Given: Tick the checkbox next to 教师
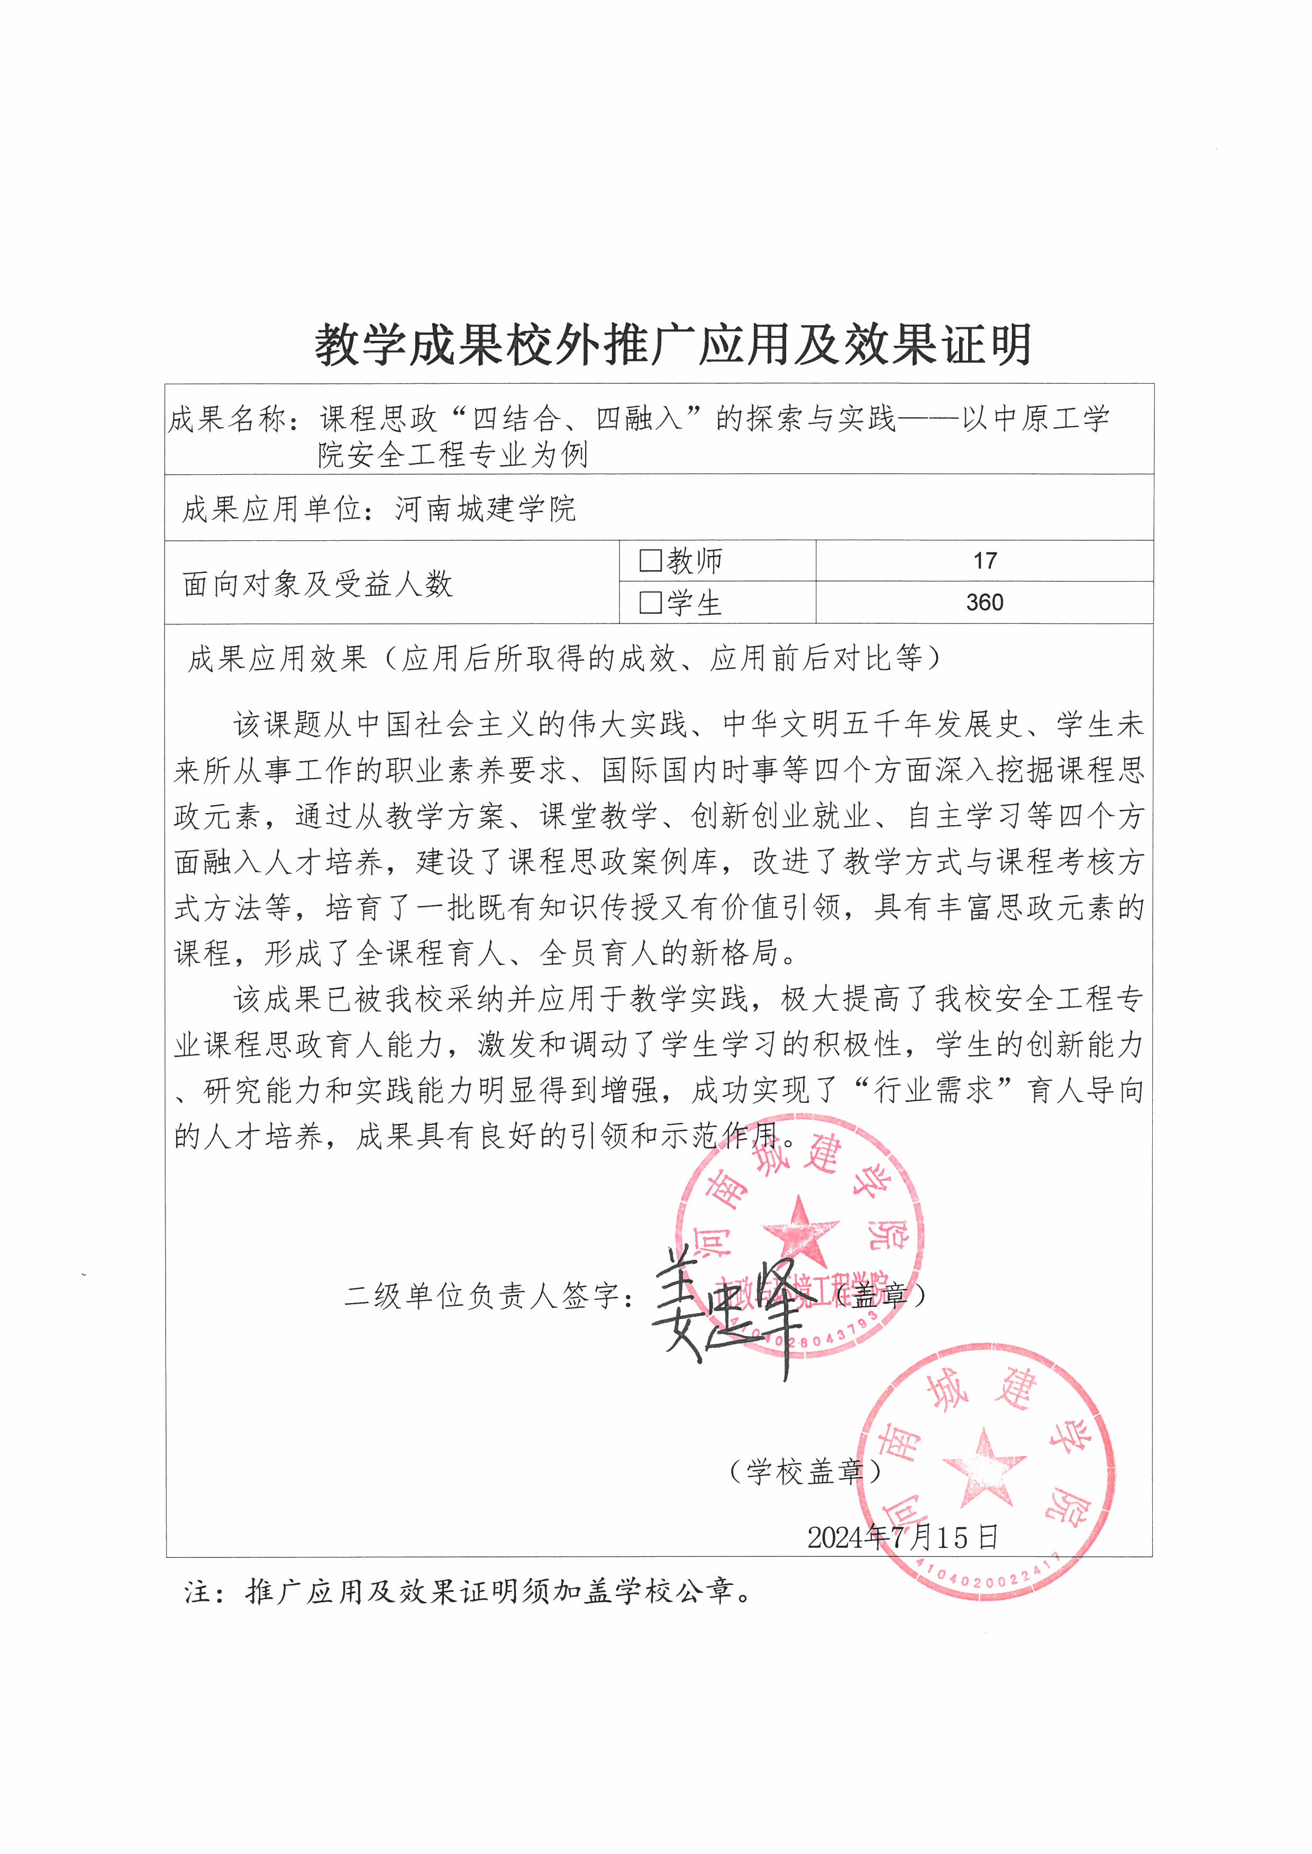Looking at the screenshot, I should (650, 560).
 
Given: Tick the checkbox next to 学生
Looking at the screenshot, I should (650, 602).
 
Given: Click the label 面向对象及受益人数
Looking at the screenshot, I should (317, 583).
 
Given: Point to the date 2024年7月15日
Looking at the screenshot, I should (903, 1536).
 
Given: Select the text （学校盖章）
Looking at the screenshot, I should (804, 1471).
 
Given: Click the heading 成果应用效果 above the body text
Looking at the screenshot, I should (277, 658).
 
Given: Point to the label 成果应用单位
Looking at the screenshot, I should (271, 509).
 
